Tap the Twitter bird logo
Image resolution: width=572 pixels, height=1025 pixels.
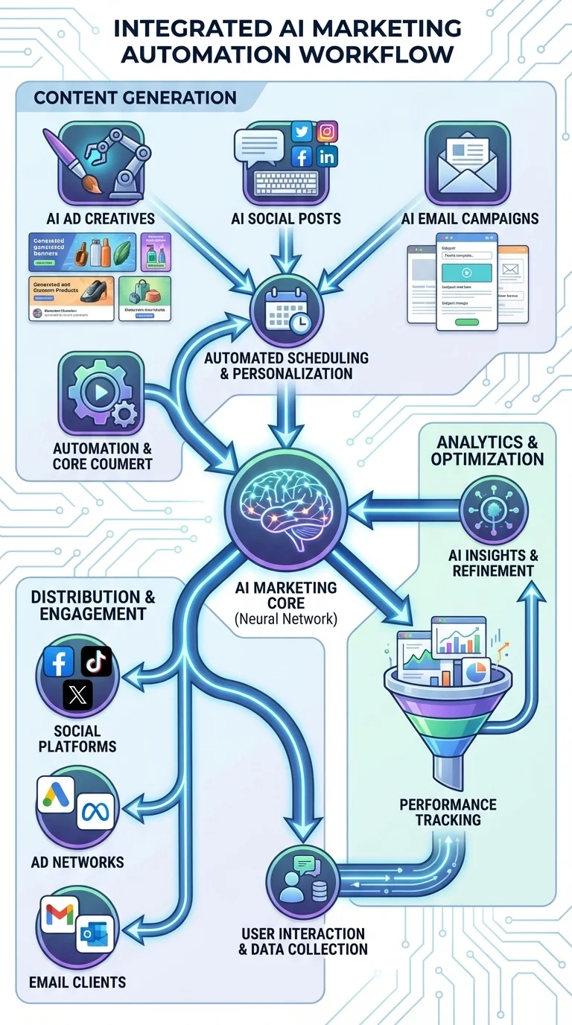pyautogui.click(x=301, y=133)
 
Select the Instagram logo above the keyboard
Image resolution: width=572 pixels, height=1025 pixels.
pyautogui.click(x=326, y=132)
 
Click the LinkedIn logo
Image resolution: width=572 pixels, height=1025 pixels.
pyautogui.click(x=326, y=156)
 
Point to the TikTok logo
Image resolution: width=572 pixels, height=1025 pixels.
pyautogui.click(x=96, y=661)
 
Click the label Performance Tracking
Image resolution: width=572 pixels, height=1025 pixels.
pyautogui.click(x=448, y=812)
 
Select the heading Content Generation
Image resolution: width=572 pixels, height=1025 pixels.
pyautogui.click(x=135, y=98)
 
